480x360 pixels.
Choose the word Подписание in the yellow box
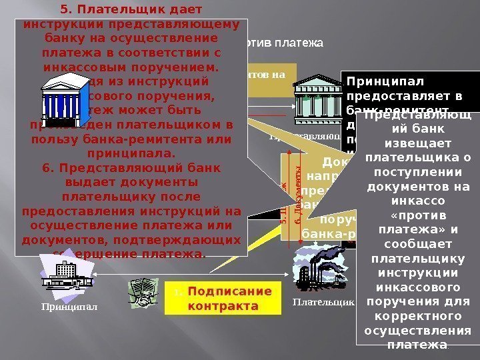point(230,291)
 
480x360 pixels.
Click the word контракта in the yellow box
point(223,306)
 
